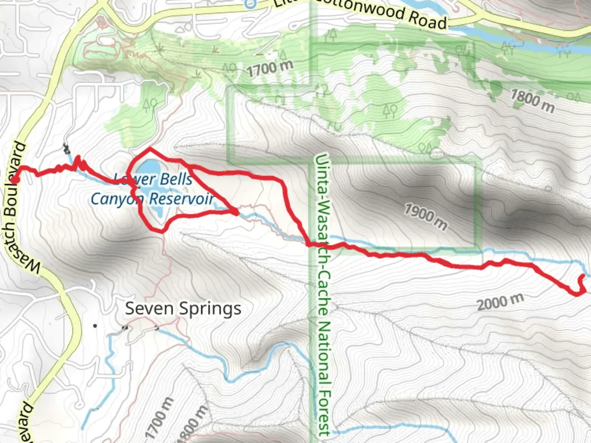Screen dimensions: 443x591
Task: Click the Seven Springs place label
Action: point(183,308)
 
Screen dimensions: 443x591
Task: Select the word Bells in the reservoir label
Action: point(176,179)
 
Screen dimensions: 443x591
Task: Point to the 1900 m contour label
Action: point(426,217)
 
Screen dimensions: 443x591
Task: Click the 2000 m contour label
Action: point(500,302)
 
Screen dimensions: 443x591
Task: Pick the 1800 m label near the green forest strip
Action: point(532,101)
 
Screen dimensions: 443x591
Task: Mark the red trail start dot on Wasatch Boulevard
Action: point(14,180)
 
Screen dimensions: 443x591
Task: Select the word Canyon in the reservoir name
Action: point(117,199)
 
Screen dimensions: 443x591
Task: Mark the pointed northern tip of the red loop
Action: point(150,148)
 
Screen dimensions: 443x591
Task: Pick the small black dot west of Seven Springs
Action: point(95,326)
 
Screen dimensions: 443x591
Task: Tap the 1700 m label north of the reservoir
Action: point(270,68)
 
